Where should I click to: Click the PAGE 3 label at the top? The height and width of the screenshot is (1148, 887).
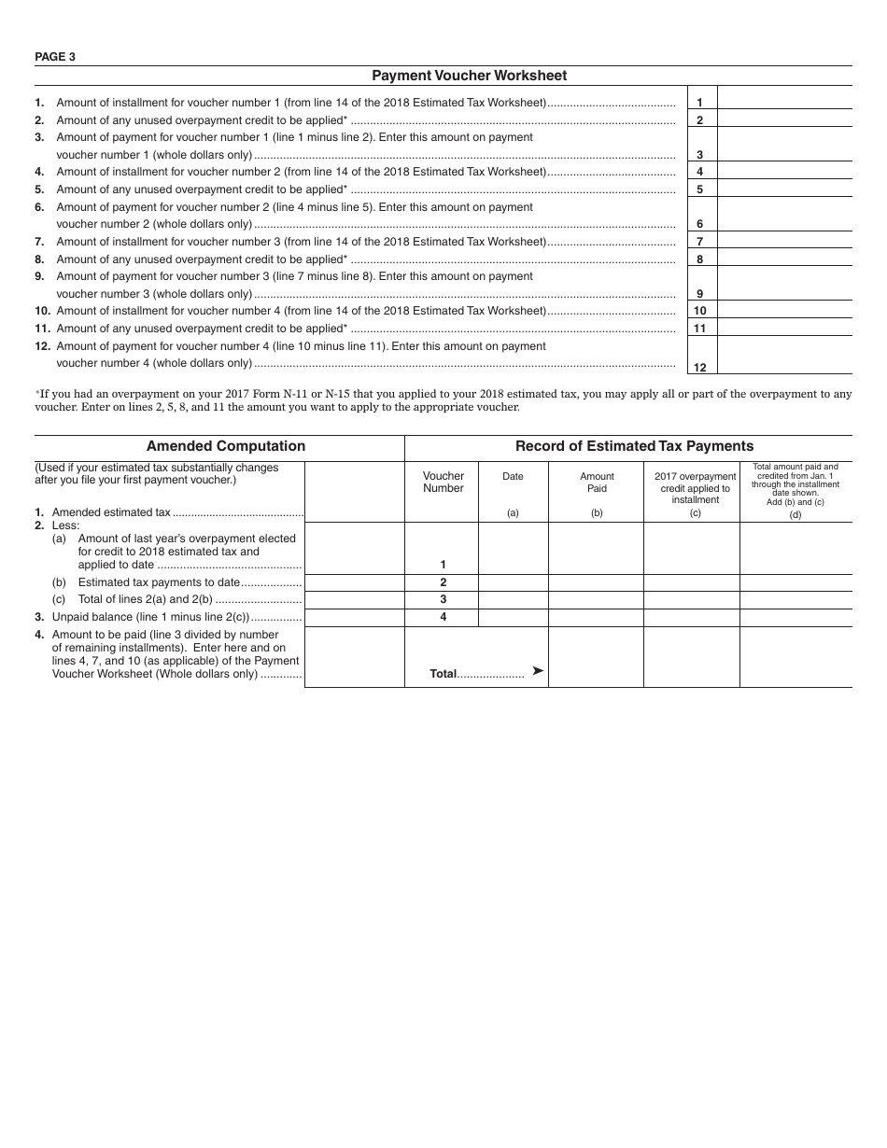pyautogui.click(x=55, y=56)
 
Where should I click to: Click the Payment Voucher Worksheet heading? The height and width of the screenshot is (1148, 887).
pyautogui.click(x=469, y=76)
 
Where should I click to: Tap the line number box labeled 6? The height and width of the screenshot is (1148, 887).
pyautogui.click(x=700, y=223)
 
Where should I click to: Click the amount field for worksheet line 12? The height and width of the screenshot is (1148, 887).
pyautogui.click(x=783, y=355)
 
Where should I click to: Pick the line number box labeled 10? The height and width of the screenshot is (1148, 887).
pyautogui.click(x=700, y=311)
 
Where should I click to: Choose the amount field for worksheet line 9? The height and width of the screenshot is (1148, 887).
pyautogui.click(x=783, y=283)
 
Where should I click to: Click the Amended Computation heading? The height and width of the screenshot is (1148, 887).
pyautogui.click(x=226, y=446)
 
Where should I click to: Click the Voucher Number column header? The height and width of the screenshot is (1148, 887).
pyautogui.click(x=443, y=482)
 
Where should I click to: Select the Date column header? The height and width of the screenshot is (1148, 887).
pyautogui.click(x=513, y=476)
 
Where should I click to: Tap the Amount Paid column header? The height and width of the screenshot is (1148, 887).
pyautogui.click(x=597, y=482)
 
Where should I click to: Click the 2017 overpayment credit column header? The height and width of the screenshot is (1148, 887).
pyautogui.click(x=695, y=487)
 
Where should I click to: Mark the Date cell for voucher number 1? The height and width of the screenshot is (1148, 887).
pyautogui.click(x=513, y=548)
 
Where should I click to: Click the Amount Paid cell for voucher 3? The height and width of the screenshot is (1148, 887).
pyautogui.click(x=596, y=600)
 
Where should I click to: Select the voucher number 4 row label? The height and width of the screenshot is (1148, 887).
pyautogui.click(x=443, y=617)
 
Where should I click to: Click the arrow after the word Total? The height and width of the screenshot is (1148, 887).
pyautogui.click(x=538, y=671)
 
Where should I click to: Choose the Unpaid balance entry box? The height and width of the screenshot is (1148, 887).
pyautogui.click(x=354, y=618)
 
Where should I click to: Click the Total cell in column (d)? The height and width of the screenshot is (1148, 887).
pyautogui.click(x=795, y=657)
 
